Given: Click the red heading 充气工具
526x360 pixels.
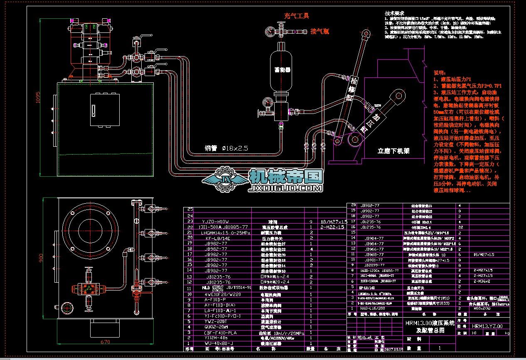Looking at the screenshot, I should click(296, 16).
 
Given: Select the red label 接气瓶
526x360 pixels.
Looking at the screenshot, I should click(320, 31).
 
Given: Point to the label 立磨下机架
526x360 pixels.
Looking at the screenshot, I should click(393, 151).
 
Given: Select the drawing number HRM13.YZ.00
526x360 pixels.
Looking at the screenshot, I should click(487, 326).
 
